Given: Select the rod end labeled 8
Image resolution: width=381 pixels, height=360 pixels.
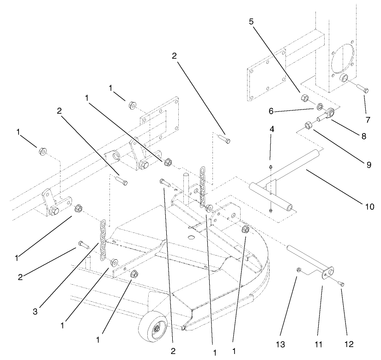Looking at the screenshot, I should click(331, 112).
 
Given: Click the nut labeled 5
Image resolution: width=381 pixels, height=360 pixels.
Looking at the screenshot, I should click(305, 98).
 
